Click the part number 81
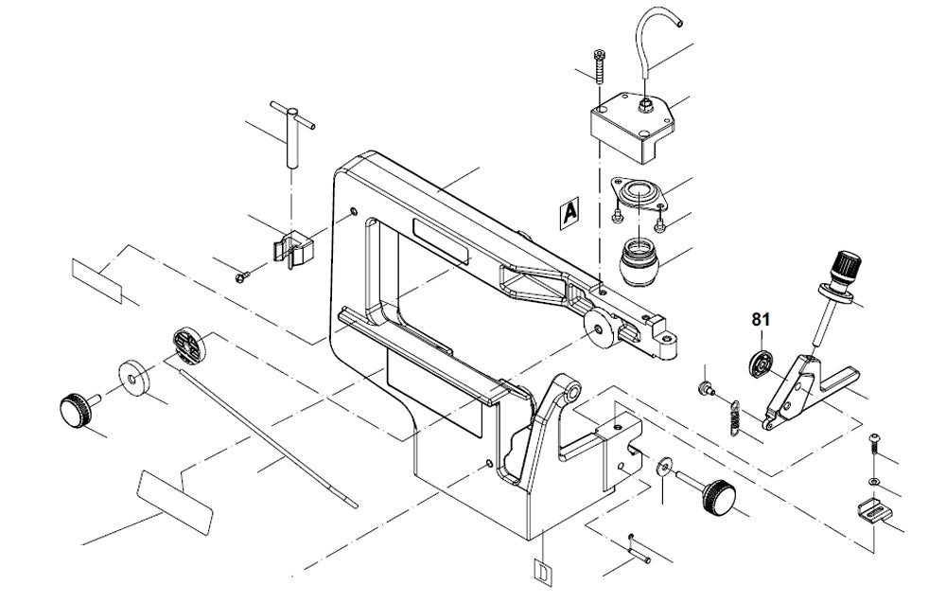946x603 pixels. coord(761,320)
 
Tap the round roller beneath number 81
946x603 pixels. coord(760,362)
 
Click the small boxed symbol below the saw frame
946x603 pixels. coord(541,573)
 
